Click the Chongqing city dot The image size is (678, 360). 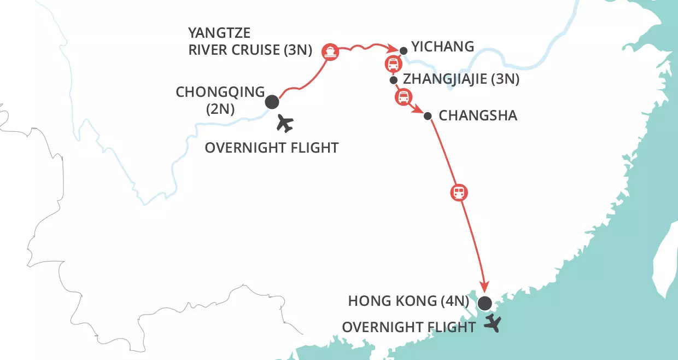click(x=272, y=102)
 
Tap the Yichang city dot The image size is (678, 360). click(x=404, y=51)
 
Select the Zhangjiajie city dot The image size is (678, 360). click(x=393, y=80)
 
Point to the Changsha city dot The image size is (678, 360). click(x=428, y=115)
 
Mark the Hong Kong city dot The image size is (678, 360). click(x=484, y=303)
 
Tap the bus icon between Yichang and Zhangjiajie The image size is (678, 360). click(x=392, y=64)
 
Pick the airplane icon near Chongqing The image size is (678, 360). click(x=284, y=123)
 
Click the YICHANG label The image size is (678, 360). click(x=442, y=47)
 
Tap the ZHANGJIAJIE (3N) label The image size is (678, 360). click(x=460, y=79)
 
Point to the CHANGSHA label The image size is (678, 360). click(x=478, y=116)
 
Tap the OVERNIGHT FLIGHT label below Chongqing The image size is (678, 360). click(x=271, y=148)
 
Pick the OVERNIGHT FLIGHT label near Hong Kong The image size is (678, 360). click(x=408, y=327)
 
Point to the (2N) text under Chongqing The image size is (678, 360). click(x=220, y=109)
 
